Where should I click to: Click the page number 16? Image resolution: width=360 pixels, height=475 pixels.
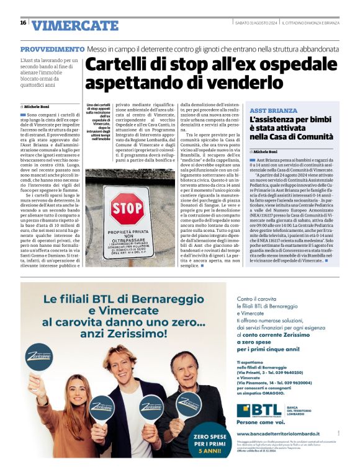(x=23, y=23)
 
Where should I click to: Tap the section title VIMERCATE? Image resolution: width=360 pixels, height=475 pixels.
(x=74, y=25)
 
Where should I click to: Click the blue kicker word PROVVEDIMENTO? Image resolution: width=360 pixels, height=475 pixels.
(x=52, y=49)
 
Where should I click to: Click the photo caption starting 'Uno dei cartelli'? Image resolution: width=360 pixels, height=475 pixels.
(x=97, y=122)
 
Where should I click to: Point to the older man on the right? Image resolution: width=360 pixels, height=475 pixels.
(x=186, y=397)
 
